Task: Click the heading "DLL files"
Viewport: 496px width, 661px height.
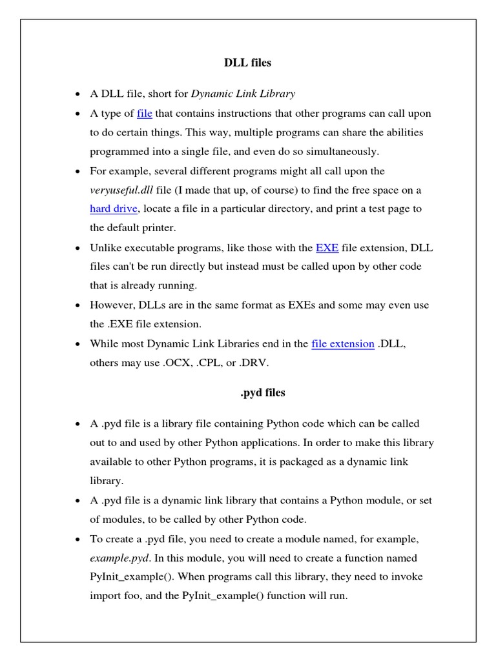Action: pos(247,63)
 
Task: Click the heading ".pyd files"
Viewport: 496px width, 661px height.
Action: pos(262,392)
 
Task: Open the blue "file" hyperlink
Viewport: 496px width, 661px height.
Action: pos(145,114)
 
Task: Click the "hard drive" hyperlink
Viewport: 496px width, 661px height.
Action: pos(114,208)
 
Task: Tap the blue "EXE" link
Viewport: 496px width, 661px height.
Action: pos(327,248)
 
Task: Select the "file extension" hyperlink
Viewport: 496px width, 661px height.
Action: pos(342,344)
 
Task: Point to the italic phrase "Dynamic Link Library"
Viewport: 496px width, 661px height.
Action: pos(243,94)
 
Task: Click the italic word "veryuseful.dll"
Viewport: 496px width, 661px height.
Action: pos(121,190)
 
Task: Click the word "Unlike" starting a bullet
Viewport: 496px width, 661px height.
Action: pos(105,248)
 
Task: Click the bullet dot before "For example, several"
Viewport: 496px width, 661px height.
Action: pos(77,172)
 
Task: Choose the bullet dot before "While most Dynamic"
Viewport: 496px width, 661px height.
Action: pos(77,344)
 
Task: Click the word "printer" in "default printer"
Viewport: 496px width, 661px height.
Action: pos(157,228)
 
